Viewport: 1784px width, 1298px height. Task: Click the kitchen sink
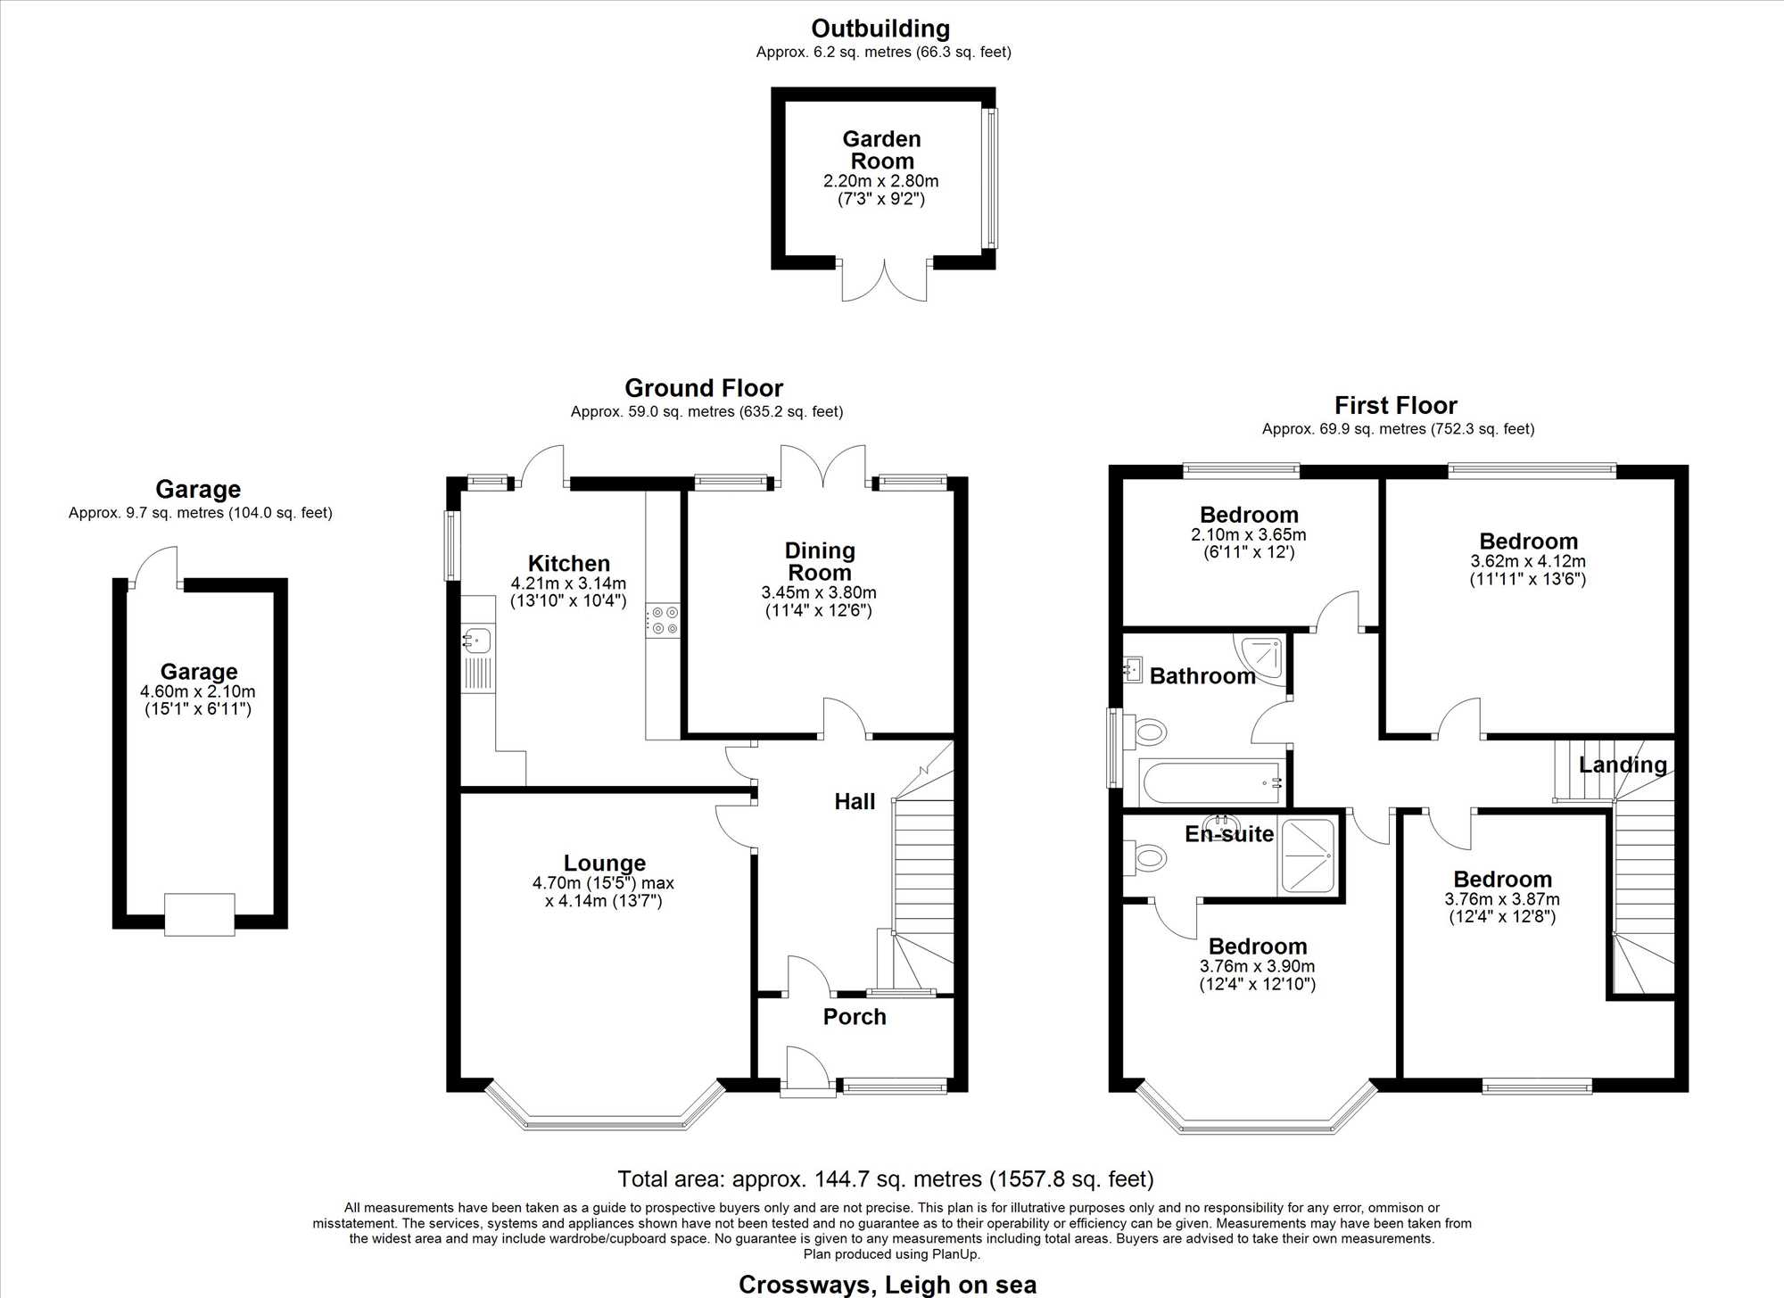(x=477, y=658)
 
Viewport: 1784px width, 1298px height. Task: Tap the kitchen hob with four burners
(x=664, y=621)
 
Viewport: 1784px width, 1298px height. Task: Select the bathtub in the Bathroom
(x=1212, y=782)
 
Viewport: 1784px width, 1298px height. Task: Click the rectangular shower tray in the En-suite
(x=1307, y=856)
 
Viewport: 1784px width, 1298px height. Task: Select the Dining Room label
(x=820, y=561)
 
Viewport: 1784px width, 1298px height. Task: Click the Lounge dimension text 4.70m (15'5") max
(x=603, y=883)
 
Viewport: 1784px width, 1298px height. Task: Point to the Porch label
(x=855, y=1017)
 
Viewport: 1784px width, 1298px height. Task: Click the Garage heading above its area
(x=198, y=489)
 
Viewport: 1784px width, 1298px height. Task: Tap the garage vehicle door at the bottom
(x=200, y=914)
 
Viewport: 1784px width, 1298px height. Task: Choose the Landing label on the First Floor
(x=1623, y=765)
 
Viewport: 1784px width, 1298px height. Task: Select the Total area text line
(x=886, y=1179)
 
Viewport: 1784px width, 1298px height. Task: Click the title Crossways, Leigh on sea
(x=888, y=1286)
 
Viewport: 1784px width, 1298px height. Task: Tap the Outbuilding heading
(x=880, y=29)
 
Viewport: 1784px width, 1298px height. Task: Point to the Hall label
(x=855, y=802)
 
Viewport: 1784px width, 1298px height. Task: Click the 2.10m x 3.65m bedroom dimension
(x=1249, y=535)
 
